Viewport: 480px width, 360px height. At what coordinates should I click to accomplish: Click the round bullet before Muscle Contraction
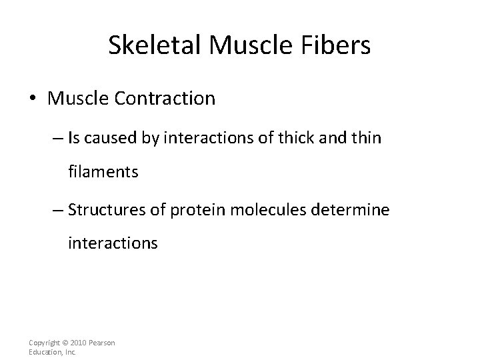[33, 99]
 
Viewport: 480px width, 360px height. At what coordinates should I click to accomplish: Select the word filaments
[103, 172]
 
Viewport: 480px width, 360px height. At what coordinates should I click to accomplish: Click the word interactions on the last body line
[113, 243]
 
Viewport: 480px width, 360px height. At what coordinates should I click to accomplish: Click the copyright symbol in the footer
[61, 343]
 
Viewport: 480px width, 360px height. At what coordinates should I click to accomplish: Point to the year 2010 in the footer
[75, 343]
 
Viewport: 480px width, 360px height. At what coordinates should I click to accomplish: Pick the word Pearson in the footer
[101, 343]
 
